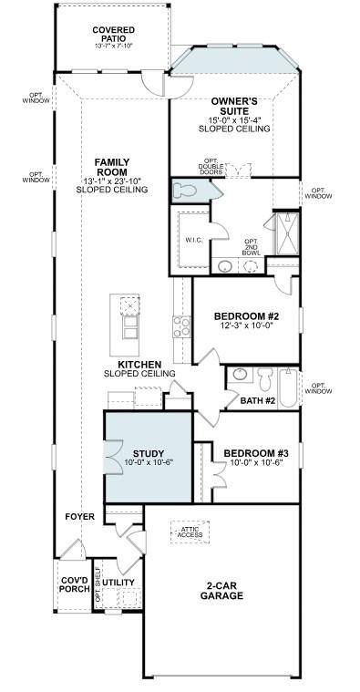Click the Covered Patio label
click(114, 36)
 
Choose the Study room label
click(149, 453)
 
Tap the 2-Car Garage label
click(221, 590)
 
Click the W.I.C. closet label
click(194, 241)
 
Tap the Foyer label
click(79, 517)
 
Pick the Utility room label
click(119, 581)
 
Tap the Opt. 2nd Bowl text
click(251, 246)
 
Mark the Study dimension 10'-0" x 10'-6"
click(149, 463)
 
